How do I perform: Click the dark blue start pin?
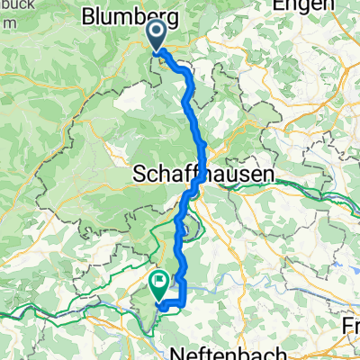pyautogui.click(x=156, y=35)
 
